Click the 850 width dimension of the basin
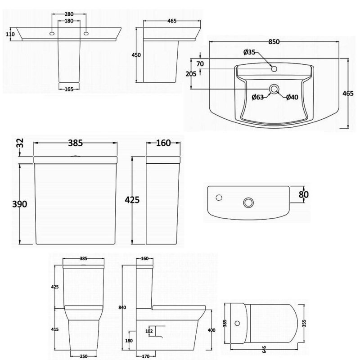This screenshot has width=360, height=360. coord(275,42)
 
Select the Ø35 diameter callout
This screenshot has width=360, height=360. coord(249,52)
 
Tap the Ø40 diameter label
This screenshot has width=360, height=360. coord(292,97)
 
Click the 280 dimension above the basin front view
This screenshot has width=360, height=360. coord(69,14)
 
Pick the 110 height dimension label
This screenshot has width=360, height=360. coord(11,34)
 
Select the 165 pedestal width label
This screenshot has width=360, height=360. coord(69,90)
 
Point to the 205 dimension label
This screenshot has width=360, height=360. coord(191,75)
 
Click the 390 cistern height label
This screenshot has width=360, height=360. coord(20,204)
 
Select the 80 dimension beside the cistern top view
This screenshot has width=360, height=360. coord(304,194)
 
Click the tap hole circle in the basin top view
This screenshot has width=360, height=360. coord(274,68)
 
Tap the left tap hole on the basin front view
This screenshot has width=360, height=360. coord(52,33)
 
